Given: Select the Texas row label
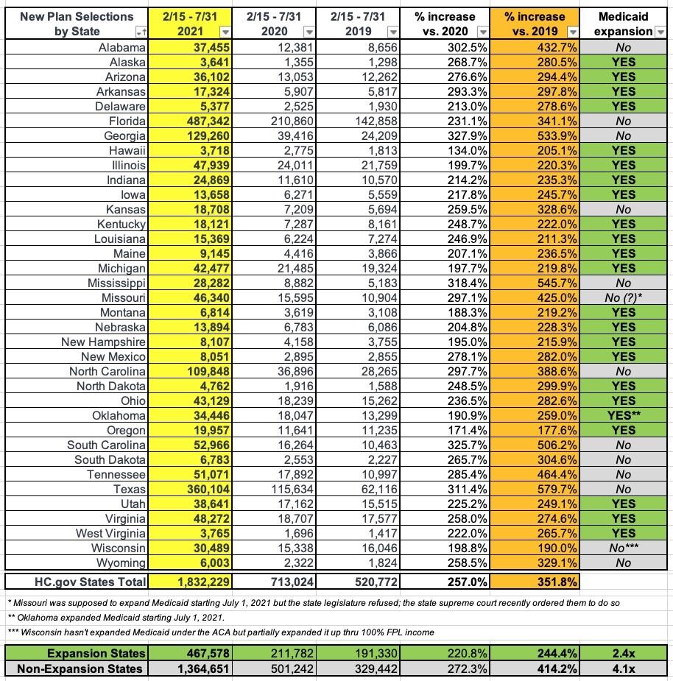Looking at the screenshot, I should pos(124,489).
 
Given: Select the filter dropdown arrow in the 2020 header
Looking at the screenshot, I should pos(309,32).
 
